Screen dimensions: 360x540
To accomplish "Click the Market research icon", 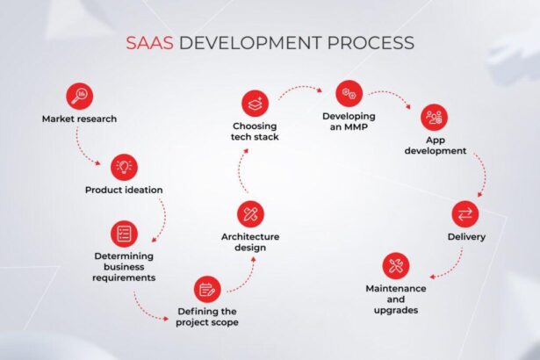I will click(x=79, y=96).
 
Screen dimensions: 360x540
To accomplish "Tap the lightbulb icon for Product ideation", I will click(x=124, y=166).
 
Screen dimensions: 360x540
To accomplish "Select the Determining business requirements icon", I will click(x=124, y=233).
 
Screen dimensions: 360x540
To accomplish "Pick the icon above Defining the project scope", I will click(x=207, y=288).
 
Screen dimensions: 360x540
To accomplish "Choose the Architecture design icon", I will click(x=250, y=213).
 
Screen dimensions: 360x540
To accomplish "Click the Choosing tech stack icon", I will click(x=256, y=101).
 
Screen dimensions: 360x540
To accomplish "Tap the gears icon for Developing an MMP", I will click(x=349, y=93).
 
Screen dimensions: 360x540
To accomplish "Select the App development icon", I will click(x=433, y=117).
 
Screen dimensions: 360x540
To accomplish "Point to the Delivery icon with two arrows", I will click(x=464, y=214).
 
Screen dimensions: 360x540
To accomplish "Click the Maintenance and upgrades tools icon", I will click(x=396, y=264).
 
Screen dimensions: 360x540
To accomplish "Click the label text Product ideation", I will click(x=124, y=190).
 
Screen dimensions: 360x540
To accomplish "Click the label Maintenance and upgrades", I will click(x=396, y=299).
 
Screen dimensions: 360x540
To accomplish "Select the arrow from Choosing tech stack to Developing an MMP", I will click(x=303, y=89).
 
